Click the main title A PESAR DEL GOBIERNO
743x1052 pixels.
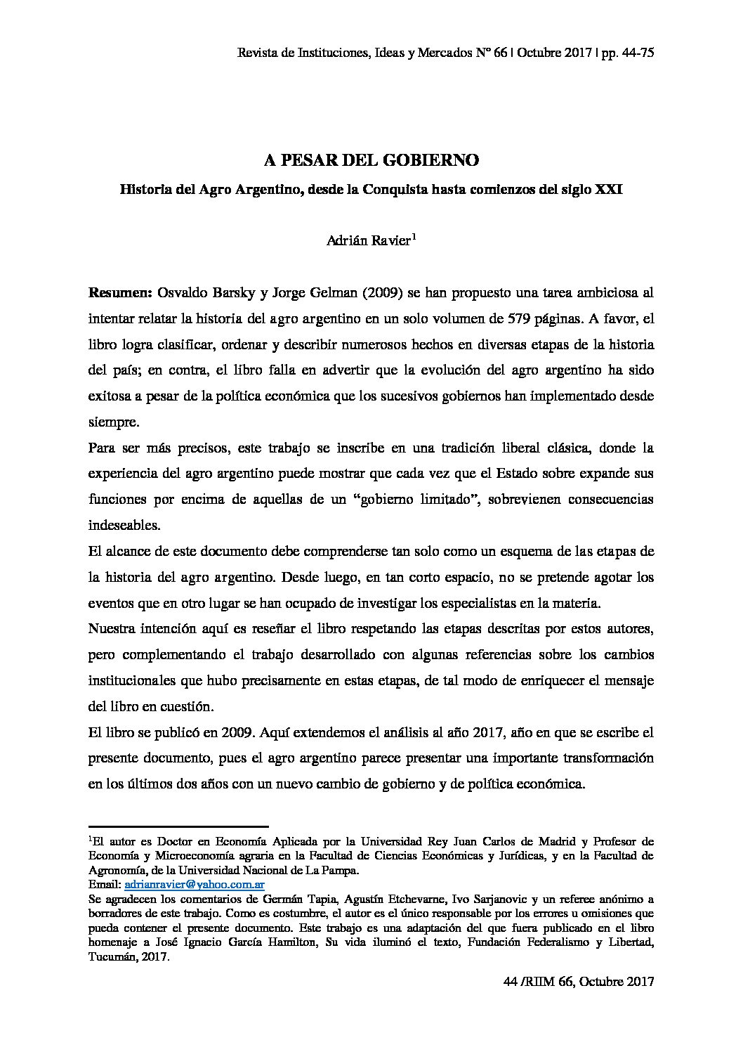[x=371, y=161]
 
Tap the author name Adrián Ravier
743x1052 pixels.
[x=369, y=240]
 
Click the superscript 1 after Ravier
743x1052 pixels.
[x=414, y=236]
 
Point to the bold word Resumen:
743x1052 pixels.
[x=116, y=292]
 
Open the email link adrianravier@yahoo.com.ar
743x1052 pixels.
[x=194, y=884]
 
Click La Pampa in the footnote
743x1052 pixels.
[x=336, y=869]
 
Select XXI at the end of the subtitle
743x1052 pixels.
[x=608, y=190]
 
